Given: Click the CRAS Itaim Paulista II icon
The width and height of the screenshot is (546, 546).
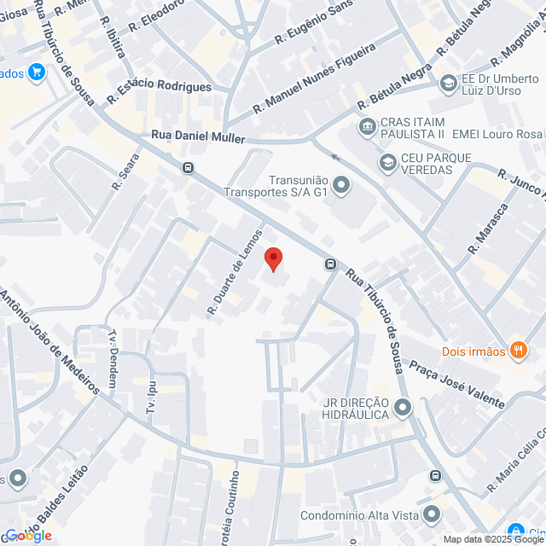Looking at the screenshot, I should [x=367, y=127].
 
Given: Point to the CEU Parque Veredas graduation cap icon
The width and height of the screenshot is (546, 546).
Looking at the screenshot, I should [x=388, y=161].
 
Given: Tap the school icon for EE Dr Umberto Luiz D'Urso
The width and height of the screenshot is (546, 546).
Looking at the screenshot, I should [x=448, y=84].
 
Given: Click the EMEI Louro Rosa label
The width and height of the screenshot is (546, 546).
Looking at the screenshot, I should [x=497, y=134].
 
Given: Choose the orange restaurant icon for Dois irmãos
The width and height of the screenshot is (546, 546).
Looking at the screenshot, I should [x=518, y=350].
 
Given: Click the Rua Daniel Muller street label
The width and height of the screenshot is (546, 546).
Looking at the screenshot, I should [x=198, y=136].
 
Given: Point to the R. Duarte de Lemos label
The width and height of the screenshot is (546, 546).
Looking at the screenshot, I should [x=235, y=272].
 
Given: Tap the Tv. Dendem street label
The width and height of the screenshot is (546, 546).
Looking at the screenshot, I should [x=112, y=358].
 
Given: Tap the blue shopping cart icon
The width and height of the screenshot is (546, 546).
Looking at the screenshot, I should [x=36, y=72].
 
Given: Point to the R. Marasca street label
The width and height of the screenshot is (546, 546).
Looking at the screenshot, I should [x=489, y=229].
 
